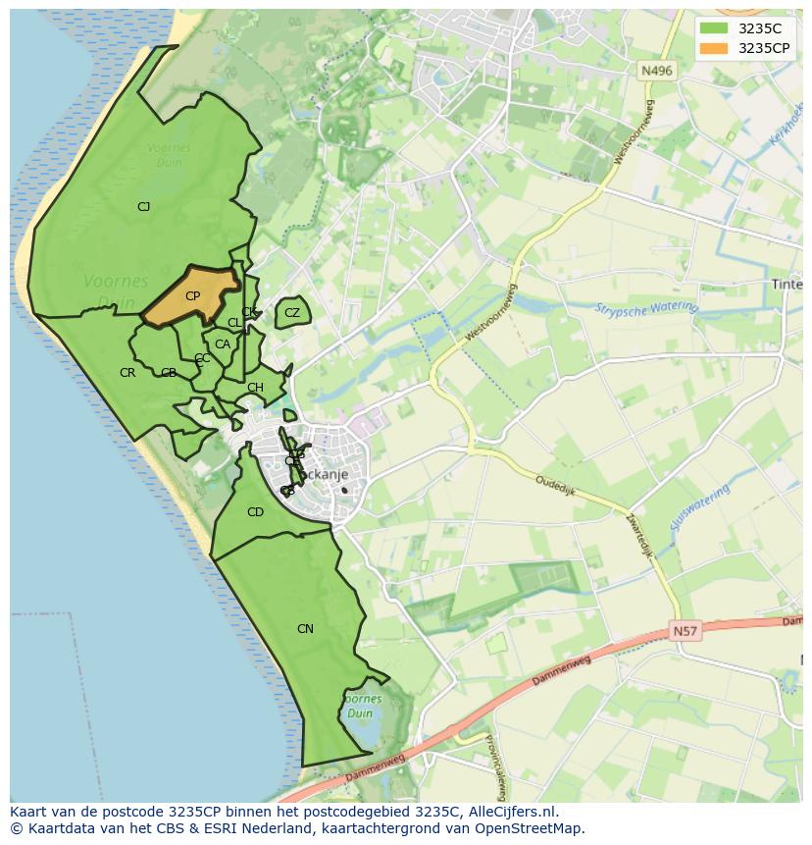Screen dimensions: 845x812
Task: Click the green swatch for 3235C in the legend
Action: [x=715, y=29]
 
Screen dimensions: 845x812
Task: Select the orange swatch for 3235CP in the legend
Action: [x=715, y=48]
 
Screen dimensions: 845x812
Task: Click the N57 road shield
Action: [x=686, y=632]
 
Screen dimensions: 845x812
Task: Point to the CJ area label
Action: [x=143, y=206]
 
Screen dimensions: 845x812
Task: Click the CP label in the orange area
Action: [x=192, y=296]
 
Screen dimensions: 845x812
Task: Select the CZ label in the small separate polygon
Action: [x=292, y=313]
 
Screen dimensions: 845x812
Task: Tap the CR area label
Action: [x=127, y=373]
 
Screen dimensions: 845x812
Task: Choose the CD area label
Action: [x=255, y=512]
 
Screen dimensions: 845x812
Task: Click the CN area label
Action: [x=305, y=628]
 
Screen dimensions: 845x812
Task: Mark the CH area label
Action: [x=255, y=388]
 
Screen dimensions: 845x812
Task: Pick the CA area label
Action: [x=223, y=344]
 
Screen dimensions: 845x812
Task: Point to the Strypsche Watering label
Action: [x=645, y=308]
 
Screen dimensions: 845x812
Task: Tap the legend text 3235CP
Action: [x=764, y=48]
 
